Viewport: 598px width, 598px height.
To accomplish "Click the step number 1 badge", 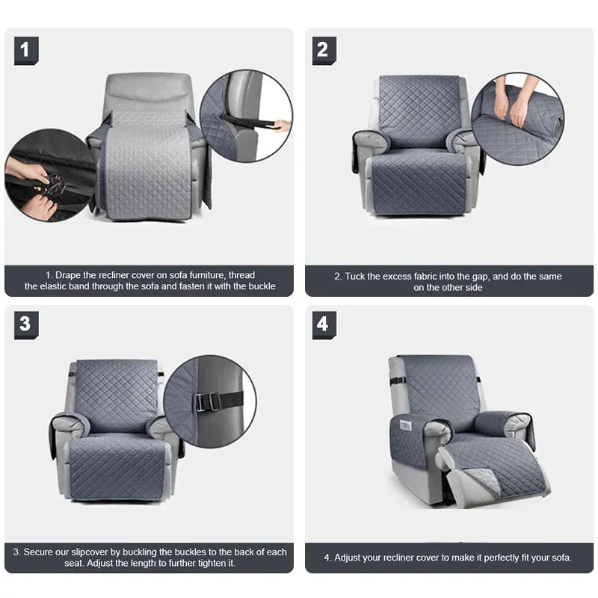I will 25,50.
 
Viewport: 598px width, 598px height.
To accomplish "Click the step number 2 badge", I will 324,50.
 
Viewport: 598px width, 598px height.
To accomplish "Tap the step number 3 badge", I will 25,324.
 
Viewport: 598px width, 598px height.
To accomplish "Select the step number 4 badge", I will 324,324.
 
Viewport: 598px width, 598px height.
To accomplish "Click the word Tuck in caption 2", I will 357,276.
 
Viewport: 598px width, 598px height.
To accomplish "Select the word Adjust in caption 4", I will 348,558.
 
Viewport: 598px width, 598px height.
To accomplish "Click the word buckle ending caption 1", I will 262,286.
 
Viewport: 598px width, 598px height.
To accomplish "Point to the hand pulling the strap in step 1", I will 281,126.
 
